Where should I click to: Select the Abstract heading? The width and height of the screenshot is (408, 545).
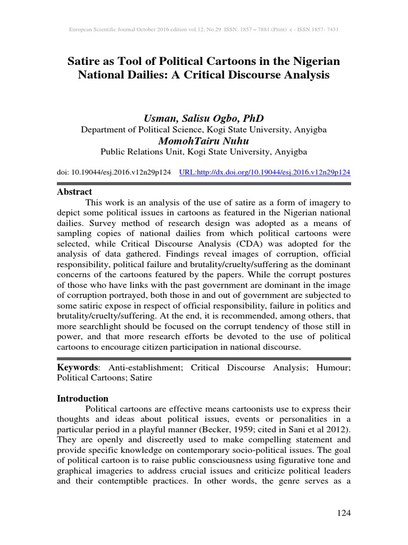[74, 192]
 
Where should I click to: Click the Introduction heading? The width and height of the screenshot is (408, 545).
[83, 398]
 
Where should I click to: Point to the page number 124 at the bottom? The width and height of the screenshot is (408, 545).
[344, 513]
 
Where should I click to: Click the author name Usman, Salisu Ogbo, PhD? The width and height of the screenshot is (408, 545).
[203, 118]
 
